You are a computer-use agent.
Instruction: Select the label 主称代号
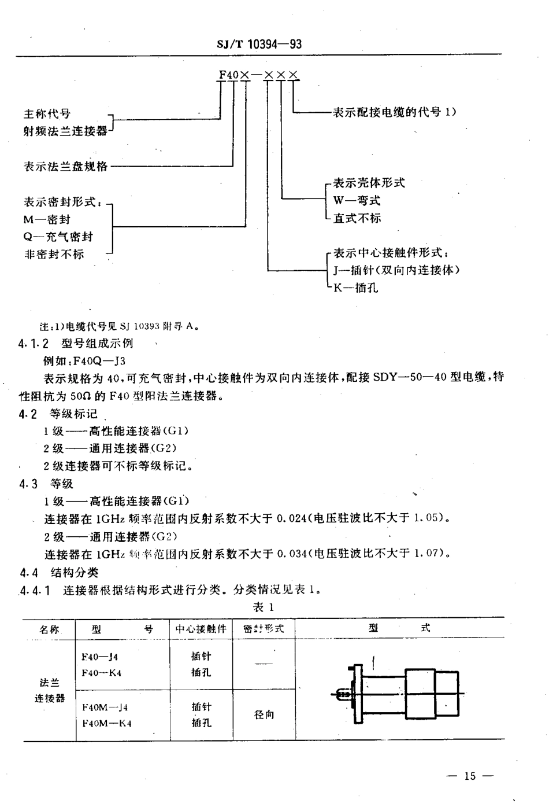tap(47, 114)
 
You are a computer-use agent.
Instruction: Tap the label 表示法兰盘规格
tap(65, 166)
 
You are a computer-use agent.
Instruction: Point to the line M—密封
tap(47, 219)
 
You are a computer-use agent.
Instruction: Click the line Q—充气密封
tap(58, 237)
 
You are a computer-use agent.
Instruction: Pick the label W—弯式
tap(357, 201)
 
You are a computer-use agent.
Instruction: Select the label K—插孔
tap(355, 288)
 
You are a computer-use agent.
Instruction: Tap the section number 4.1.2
tap(35, 343)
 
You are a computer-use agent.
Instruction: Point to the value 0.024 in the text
tap(292, 518)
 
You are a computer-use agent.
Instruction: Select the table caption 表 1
tap(263, 607)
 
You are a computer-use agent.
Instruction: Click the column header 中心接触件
tap(201, 629)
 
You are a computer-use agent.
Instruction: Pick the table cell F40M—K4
tap(106, 723)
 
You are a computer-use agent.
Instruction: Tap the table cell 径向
tap(264, 715)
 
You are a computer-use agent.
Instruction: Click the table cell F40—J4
tap(100, 657)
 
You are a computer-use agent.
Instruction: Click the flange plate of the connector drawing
tap(357, 693)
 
